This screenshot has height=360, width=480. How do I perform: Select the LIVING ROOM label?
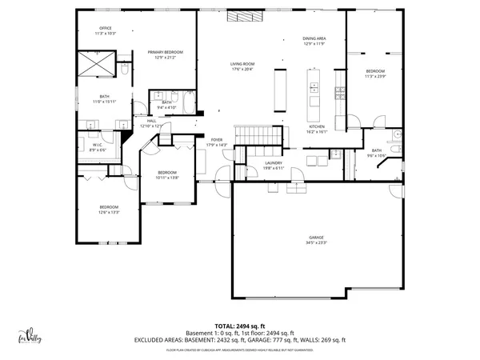[x=242, y=63]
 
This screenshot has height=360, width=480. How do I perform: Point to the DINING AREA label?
[x=314, y=38]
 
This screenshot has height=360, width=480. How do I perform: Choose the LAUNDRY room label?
[x=274, y=163]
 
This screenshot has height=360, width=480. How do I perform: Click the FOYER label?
[x=217, y=139]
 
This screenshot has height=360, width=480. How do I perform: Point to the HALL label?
[x=151, y=121]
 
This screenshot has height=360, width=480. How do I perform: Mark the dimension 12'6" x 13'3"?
[x=109, y=212]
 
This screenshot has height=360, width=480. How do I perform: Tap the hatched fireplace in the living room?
[x=237, y=16]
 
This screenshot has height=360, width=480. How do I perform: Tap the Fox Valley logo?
[x=31, y=335]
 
